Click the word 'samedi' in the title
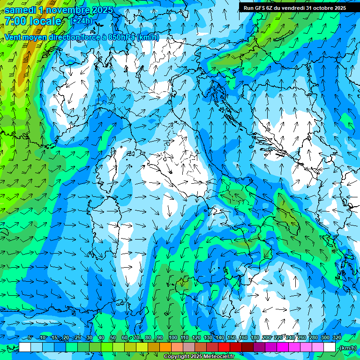click(20, 10)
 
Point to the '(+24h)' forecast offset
click(81, 21)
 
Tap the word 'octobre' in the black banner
click(319, 7)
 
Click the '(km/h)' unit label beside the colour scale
click(348, 347)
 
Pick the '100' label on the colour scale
click(172, 338)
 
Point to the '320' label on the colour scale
click(336, 338)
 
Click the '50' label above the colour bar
click(113, 338)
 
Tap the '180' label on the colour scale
click(255, 338)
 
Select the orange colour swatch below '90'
click(165, 347)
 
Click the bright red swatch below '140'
click(224, 347)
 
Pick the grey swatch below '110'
click(189, 347)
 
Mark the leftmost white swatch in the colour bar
click(25, 347)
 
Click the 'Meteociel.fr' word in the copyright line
click(218, 357)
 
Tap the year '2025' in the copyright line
click(194, 357)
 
